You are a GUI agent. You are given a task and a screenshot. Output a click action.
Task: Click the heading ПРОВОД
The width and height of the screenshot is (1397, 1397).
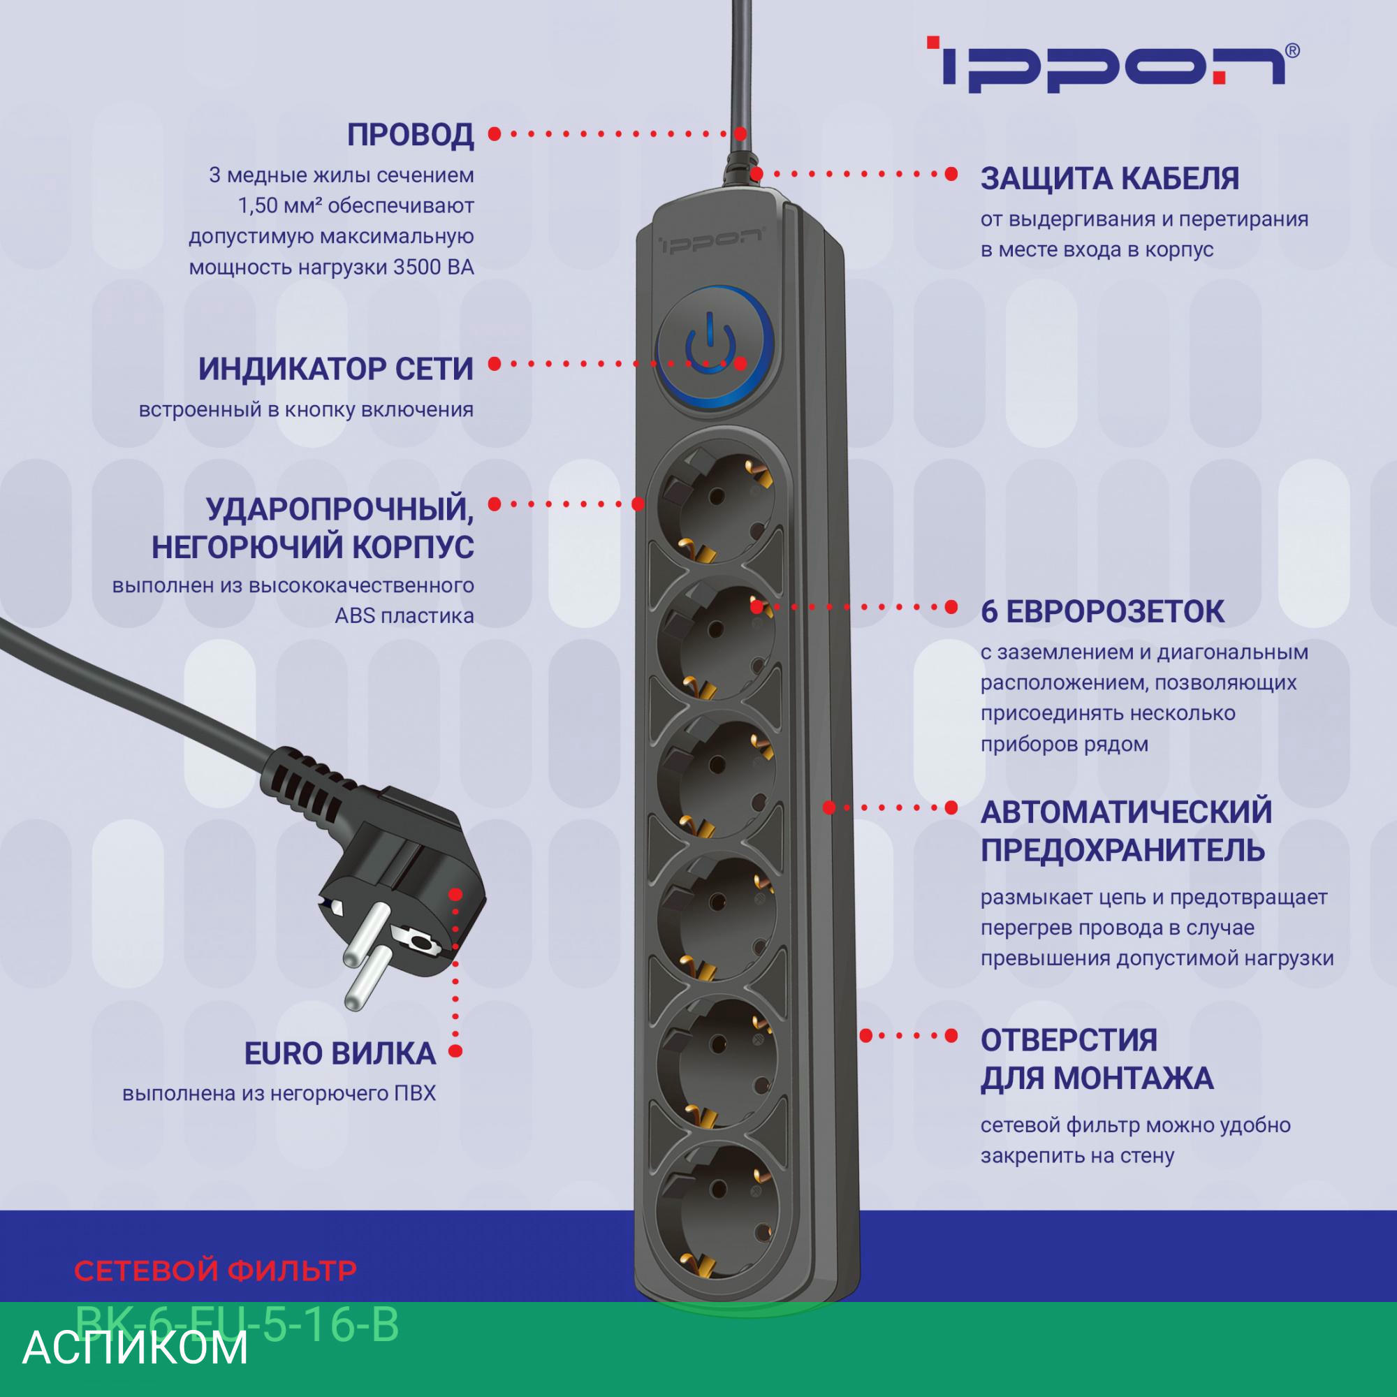[x=410, y=136]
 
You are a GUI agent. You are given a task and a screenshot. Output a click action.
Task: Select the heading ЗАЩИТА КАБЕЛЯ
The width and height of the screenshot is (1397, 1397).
[x=1109, y=179]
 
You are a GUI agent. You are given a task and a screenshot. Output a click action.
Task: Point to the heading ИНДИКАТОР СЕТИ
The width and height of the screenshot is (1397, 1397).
[x=335, y=370]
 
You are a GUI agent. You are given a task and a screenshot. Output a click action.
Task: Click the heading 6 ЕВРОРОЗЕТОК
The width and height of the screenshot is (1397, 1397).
[x=1103, y=612]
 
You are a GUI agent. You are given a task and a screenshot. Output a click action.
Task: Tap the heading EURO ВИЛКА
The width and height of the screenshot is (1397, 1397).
[x=340, y=1053]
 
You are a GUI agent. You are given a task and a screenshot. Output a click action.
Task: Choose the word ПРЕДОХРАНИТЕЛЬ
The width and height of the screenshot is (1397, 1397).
[x=1122, y=850]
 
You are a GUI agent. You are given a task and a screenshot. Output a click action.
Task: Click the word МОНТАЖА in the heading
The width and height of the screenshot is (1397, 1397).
[x=1132, y=1079]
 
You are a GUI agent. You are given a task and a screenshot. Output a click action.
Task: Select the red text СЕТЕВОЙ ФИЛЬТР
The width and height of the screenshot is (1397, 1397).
[x=215, y=1271]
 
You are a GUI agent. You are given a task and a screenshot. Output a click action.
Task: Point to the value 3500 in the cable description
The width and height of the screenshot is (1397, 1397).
[x=417, y=268]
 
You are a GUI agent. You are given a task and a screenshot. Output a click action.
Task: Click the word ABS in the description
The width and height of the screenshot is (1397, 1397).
[x=353, y=616]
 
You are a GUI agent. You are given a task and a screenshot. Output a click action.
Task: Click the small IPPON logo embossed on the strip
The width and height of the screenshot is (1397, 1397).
[x=712, y=241]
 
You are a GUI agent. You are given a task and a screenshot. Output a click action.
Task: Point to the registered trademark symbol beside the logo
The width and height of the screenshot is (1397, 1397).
[x=1292, y=50]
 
